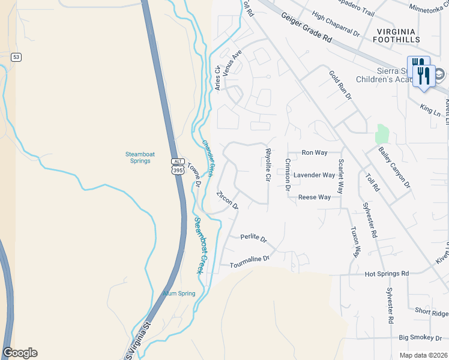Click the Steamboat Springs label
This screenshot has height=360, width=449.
[140, 158]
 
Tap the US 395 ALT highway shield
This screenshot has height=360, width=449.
[178, 166]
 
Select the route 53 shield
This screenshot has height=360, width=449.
[16, 57]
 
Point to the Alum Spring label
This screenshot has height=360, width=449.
[179, 293]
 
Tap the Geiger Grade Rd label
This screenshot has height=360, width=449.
[307, 28]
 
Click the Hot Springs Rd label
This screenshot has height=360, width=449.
[387, 274]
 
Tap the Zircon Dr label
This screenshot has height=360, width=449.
[228, 199]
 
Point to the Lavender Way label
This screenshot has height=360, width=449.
[314, 175]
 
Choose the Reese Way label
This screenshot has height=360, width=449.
[315, 197]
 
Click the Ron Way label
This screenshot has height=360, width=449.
[315, 153]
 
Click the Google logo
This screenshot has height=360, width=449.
[20, 353]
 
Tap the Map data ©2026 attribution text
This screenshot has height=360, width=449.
[423, 355]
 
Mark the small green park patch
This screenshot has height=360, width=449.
[382, 134]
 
